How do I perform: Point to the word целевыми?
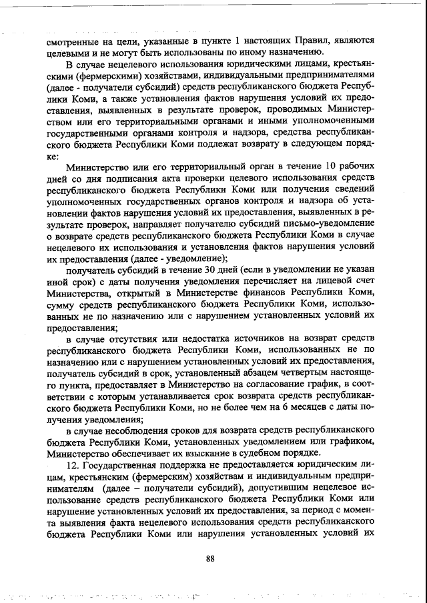(x=69, y=53)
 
